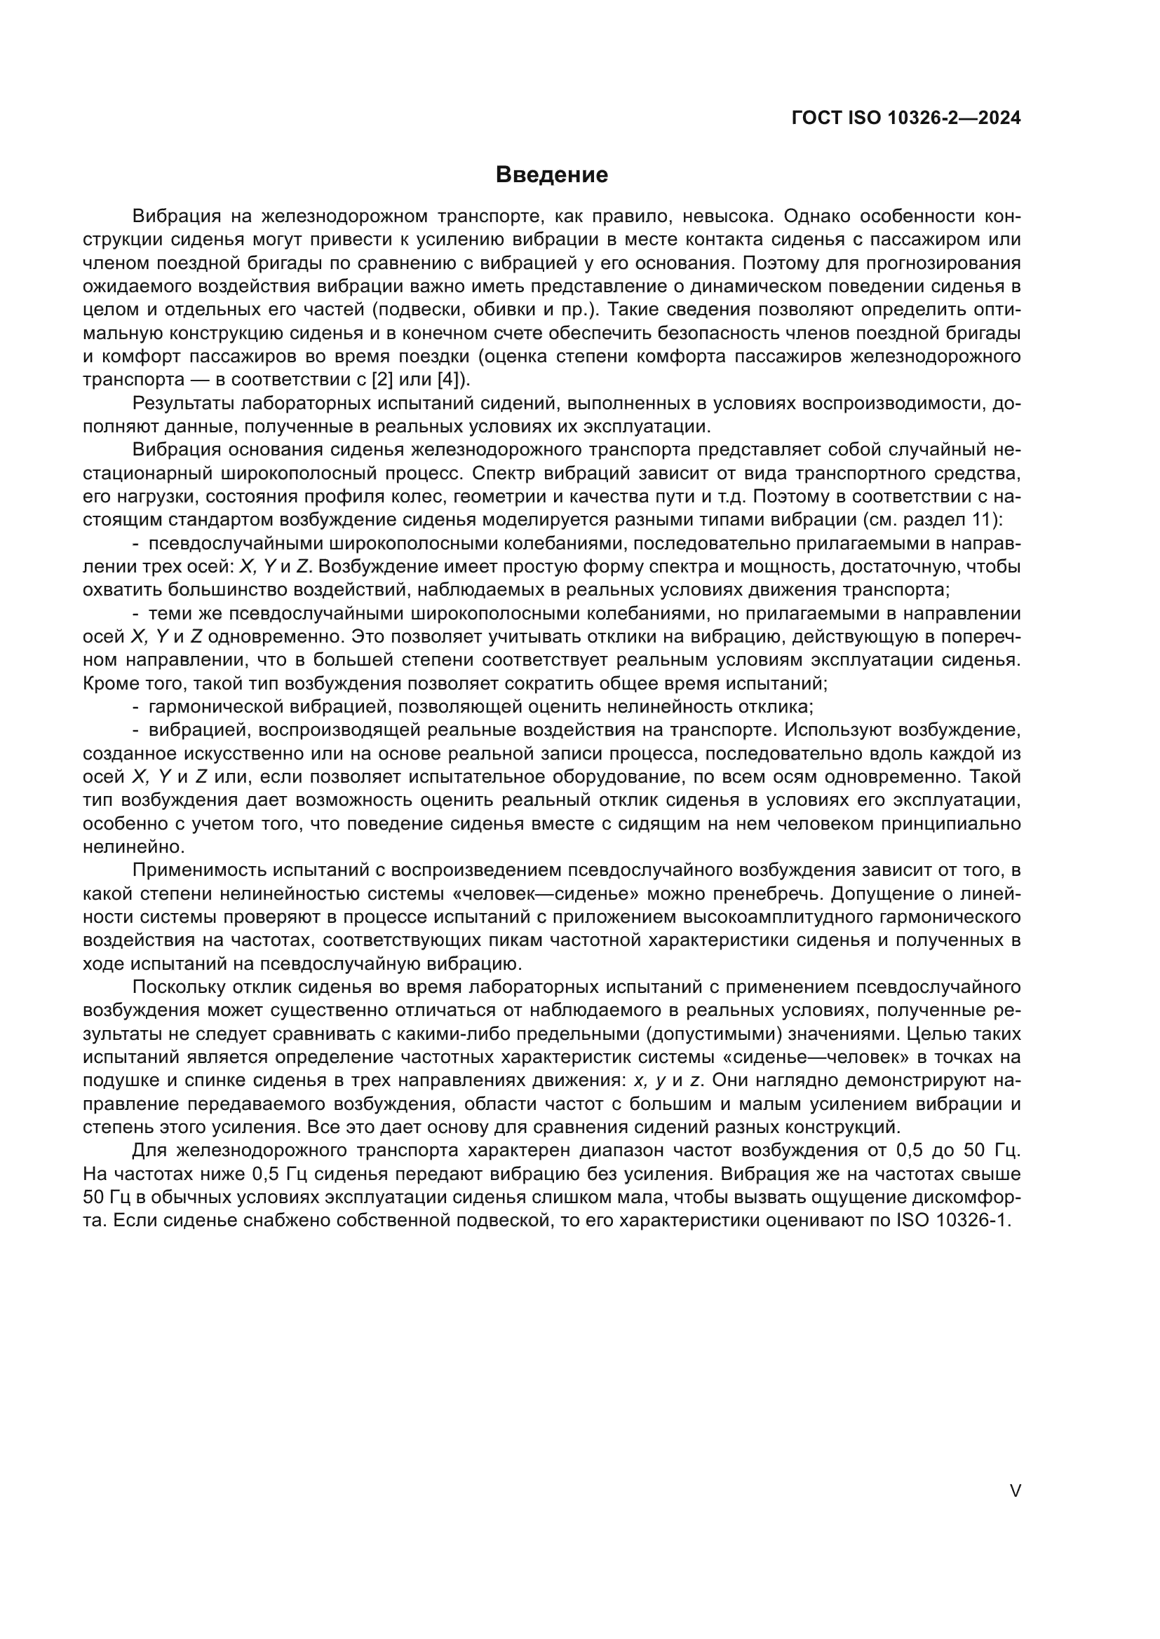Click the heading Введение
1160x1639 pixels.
pos(551,175)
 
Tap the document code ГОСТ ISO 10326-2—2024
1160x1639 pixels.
pos(905,118)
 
